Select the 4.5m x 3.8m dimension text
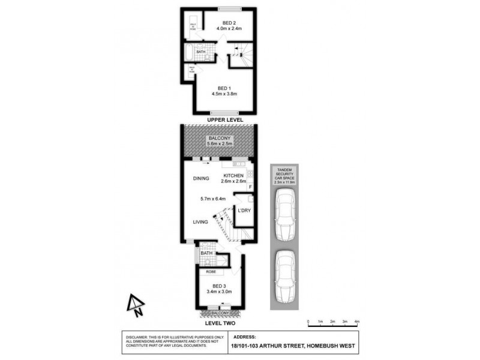tap(224, 94)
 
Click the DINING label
tap(200, 179)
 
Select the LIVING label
tap(200, 222)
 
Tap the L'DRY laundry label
tap(244, 211)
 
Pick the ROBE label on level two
tap(211, 272)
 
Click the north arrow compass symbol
tap(136, 305)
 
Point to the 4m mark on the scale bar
tap(357, 322)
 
